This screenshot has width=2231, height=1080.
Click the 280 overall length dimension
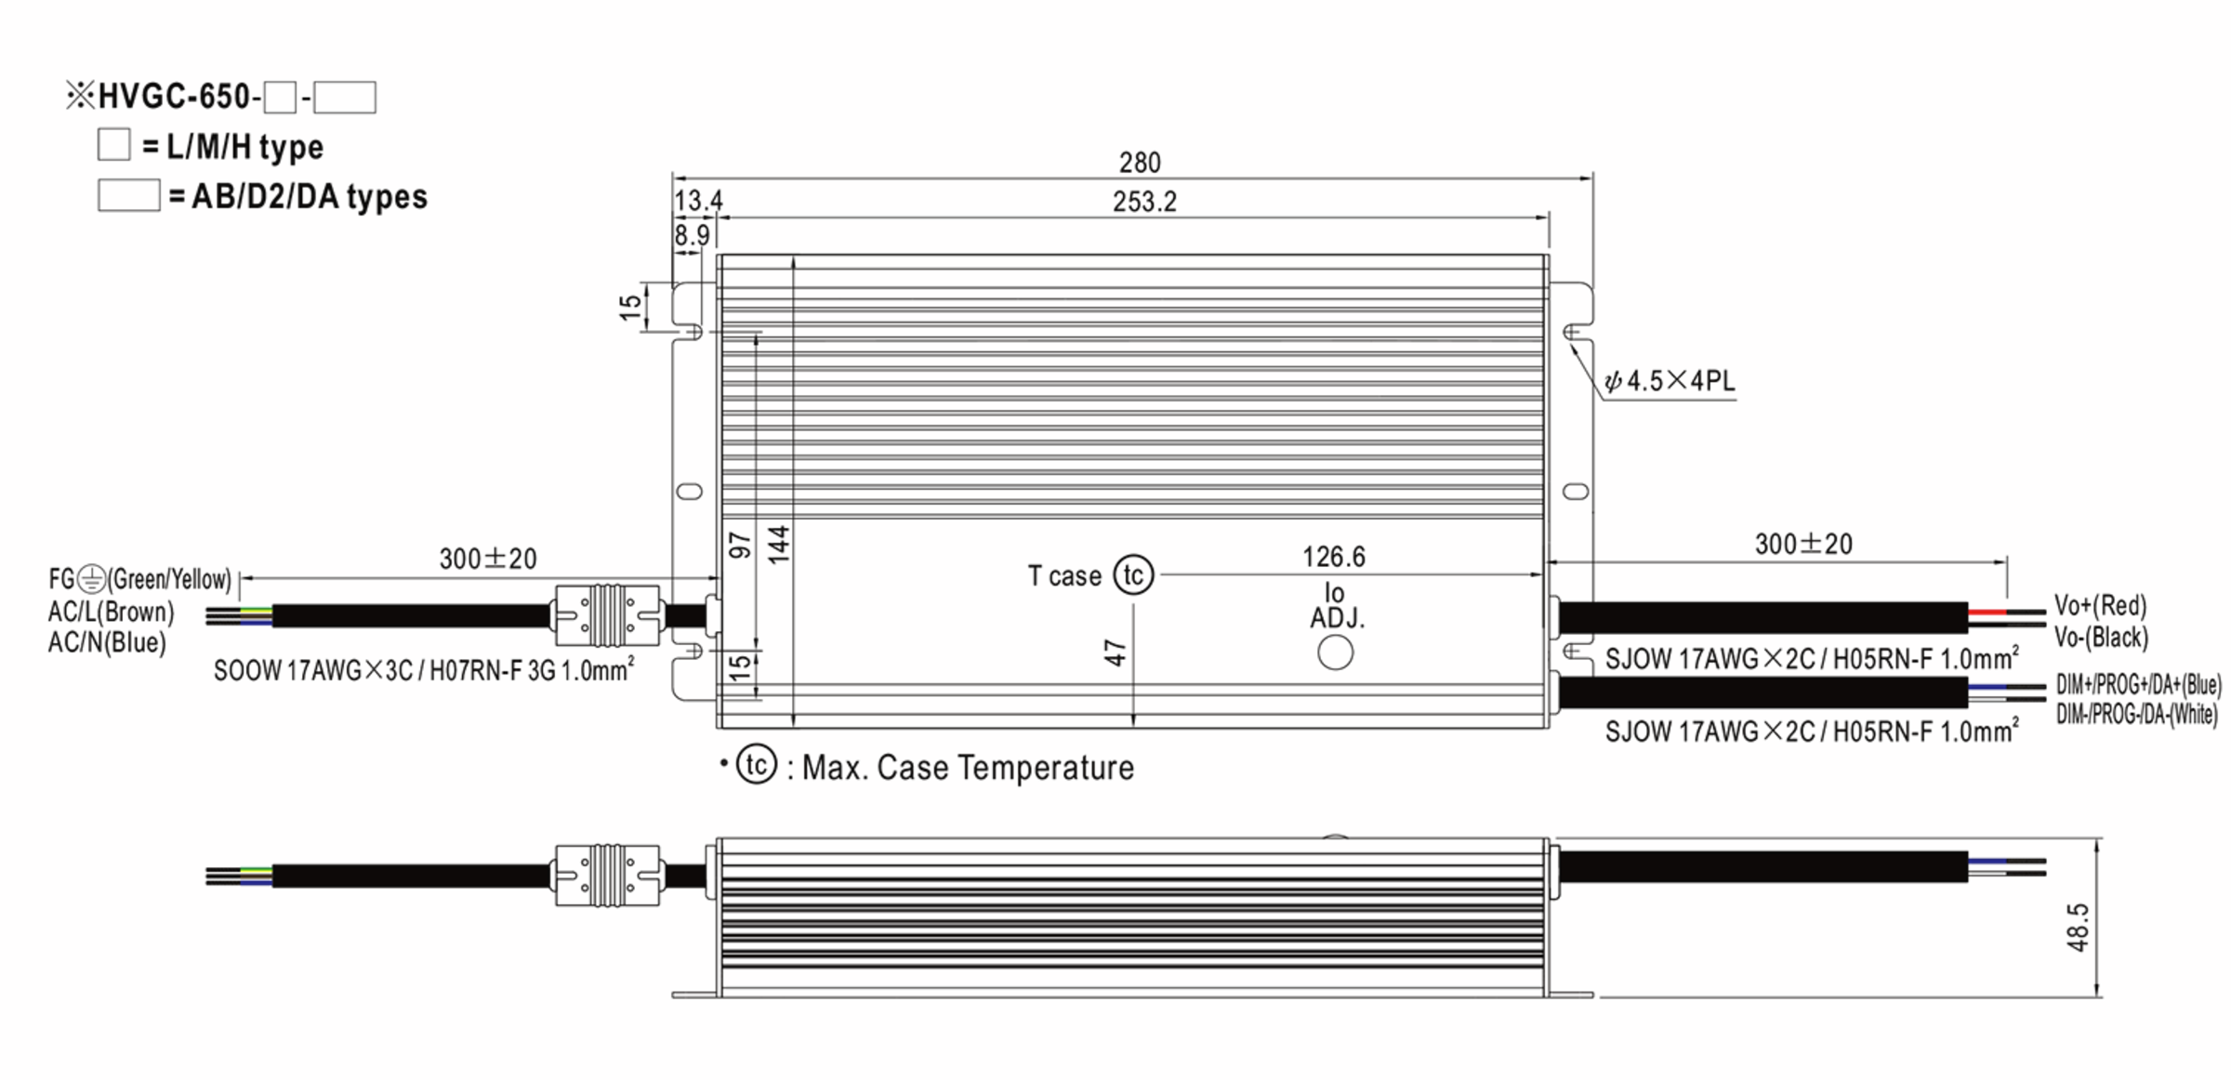point(1140,163)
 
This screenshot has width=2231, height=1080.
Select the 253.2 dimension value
point(1144,202)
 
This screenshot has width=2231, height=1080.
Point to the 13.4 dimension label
point(698,201)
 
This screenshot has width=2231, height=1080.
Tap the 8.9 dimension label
point(692,235)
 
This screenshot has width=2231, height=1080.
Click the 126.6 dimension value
point(1333,557)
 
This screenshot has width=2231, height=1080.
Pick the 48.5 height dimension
point(2079,927)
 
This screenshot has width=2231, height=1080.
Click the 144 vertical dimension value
point(779,544)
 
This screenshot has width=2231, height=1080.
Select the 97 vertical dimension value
point(740,546)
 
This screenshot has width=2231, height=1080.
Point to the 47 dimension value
point(1115,653)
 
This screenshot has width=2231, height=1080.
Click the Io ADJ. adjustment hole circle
point(1335,652)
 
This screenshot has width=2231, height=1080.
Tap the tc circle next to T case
point(1133,575)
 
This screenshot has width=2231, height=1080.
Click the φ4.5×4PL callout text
point(1670,381)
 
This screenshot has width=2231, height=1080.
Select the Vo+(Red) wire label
point(2100,606)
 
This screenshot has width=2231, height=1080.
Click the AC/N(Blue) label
point(107,643)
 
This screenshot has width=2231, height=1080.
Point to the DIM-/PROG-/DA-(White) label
point(2136,715)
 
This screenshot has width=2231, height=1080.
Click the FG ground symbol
point(92,580)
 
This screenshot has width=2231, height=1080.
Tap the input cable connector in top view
point(607,615)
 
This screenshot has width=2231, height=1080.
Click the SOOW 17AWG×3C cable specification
point(424,670)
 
